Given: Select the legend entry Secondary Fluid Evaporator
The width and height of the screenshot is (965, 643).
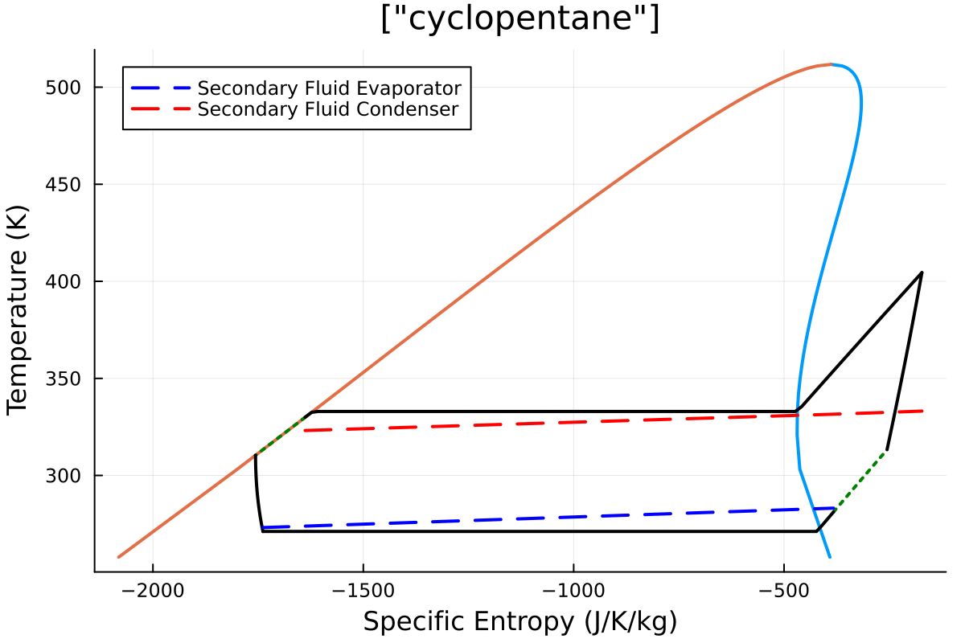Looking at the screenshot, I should click(329, 88).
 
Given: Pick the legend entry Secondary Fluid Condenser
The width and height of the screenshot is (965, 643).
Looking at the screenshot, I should click(327, 109).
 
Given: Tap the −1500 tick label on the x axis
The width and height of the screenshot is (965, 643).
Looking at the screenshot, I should click(363, 592).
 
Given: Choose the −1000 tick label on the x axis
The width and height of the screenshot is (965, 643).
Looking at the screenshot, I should click(573, 592).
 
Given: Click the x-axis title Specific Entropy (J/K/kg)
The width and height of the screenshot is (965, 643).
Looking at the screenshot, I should click(519, 621).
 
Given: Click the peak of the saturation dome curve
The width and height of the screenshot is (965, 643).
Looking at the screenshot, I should click(832, 64).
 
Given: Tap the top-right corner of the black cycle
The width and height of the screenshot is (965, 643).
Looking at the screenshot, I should click(922, 272).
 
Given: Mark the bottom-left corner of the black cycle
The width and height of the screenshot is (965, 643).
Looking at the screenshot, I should click(263, 531).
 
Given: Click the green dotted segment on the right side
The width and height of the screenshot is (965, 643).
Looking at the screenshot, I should click(862, 479).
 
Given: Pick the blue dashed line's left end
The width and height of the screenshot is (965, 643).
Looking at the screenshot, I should click(263, 528).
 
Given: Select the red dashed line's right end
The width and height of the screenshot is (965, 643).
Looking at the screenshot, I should click(922, 411).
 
